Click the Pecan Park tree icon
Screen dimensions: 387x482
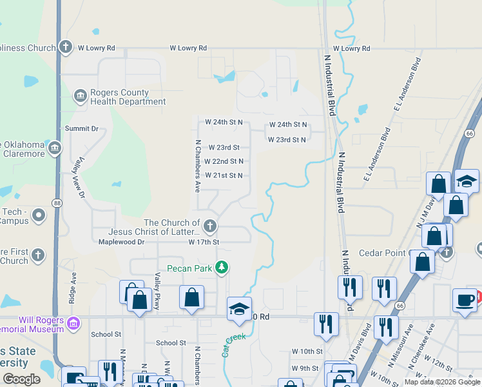pos(222,267)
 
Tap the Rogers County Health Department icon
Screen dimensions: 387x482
pos(81,97)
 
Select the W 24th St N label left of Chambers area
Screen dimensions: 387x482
pos(224,122)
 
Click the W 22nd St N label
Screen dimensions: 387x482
pos(224,161)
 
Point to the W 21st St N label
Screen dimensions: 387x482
pos(224,175)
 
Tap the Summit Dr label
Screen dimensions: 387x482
pos(81,129)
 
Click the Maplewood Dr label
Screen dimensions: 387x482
pos(121,242)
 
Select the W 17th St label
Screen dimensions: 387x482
pos(204,242)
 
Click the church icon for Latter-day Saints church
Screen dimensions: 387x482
pos(210,226)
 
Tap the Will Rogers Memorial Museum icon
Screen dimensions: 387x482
pos(73,322)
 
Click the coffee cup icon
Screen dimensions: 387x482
pos(464,300)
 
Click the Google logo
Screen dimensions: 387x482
pos(21,379)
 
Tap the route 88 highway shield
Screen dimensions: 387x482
pos(57,203)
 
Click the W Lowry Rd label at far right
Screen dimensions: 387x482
pos(352,49)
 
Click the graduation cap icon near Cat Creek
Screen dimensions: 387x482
pos(238,309)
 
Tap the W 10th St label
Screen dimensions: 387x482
pos(307,351)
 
